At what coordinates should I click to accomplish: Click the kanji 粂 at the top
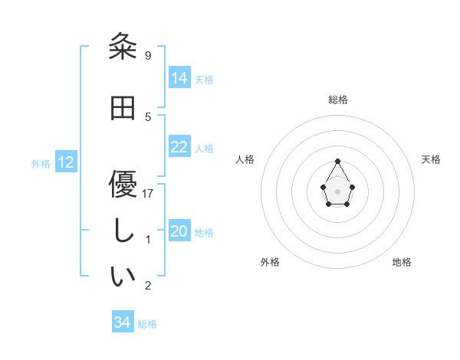click(123, 47)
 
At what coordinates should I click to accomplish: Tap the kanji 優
click(123, 184)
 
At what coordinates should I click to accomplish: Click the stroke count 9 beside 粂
click(147, 56)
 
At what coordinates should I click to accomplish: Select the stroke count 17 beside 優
click(148, 193)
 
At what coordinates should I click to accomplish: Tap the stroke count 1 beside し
click(148, 240)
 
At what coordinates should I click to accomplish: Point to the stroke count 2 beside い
click(148, 286)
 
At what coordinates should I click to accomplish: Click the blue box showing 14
click(179, 77)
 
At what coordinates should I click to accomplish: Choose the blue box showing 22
click(179, 147)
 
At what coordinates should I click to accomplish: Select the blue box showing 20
click(179, 231)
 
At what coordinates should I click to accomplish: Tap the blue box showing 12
click(66, 162)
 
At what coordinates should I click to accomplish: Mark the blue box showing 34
click(122, 322)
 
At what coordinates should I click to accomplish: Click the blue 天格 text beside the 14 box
click(204, 79)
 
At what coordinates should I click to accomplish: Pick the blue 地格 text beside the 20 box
click(204, 233)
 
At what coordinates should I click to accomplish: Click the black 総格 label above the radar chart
click(337, 100)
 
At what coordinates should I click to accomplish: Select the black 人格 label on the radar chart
click(245, 159)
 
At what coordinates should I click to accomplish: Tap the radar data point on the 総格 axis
click(337, 161)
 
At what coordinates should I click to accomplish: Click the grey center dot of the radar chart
click(337, 190)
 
